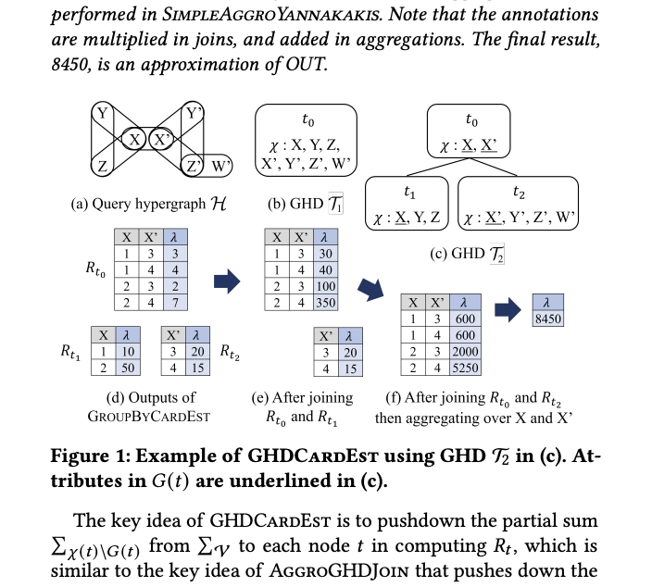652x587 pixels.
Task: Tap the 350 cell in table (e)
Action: (325, 301)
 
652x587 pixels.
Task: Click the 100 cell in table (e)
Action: (325, 286)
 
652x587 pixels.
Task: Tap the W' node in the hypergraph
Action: (219, 167)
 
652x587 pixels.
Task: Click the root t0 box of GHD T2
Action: (472, 131)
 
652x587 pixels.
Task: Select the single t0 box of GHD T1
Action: (307, 139)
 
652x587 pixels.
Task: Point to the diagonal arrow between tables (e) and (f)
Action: (370, 290)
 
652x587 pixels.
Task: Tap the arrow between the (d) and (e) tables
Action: (227, 281)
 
